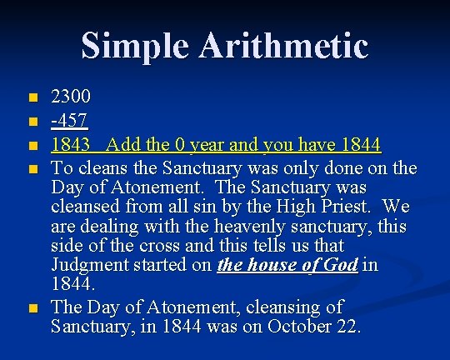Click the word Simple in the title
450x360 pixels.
(x=135, y=47)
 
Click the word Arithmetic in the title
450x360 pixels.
(x=283, y=45)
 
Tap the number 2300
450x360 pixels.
(x=71, y=96)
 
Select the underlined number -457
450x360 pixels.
(x=69, y=120)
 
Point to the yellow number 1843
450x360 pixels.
(x=70, y=144)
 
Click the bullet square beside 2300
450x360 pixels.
(x=33, y=97)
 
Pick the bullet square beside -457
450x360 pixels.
(x=33, y=122)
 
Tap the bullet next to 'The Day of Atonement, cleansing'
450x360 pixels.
(x=33, y=308)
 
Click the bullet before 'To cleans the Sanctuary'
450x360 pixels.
(x=33, y=169)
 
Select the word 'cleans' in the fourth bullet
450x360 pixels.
(x=102, y=167)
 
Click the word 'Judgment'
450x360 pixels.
(x=90, y=265)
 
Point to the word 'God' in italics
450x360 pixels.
(x=341, y=264)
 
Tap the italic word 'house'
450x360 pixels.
(x=272, y=264)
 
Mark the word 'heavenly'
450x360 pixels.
(x=249, y=227)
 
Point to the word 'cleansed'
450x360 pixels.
(x=85, y=206)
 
